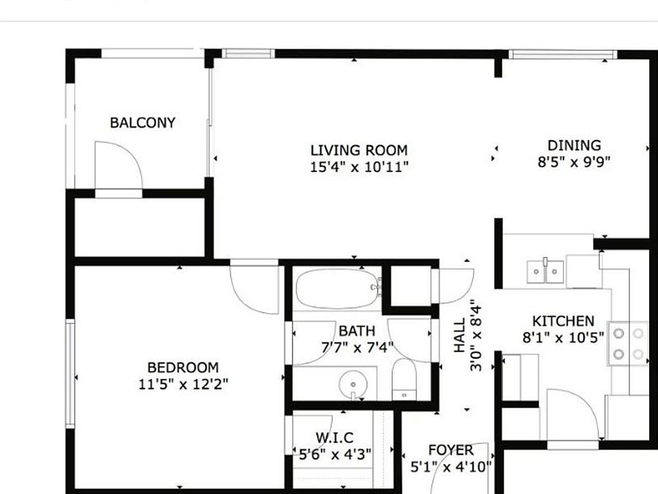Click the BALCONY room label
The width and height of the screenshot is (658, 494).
143,123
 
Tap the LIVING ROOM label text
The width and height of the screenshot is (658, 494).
358,150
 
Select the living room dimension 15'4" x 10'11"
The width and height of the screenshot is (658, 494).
358,167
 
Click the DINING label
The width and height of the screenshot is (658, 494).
574,145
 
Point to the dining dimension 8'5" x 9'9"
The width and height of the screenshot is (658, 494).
574,162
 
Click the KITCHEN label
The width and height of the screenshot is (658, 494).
563,321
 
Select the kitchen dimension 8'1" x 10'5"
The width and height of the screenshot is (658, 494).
563,337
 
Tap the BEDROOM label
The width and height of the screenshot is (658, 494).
182,368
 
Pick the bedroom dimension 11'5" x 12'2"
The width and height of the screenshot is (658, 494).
182,384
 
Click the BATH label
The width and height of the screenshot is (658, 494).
356,331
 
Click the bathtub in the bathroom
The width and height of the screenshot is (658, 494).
337,289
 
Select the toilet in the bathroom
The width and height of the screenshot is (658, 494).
404,379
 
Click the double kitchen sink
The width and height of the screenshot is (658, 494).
546,272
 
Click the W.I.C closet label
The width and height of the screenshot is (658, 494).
334,438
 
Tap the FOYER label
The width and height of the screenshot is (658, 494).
450,451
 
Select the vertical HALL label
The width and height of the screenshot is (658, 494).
460,335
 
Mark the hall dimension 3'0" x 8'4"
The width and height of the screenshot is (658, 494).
476,335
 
